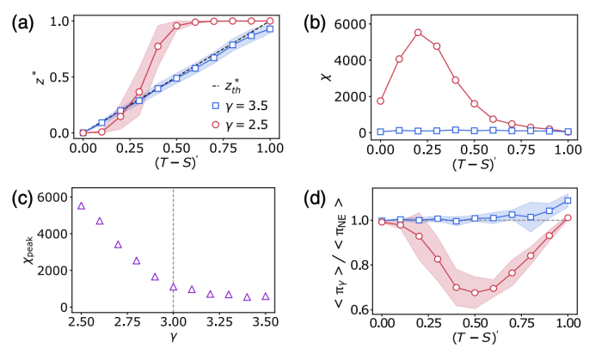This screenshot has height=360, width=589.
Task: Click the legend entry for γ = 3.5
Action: point(245,107)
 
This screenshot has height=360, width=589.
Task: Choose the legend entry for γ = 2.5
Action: point(245,125)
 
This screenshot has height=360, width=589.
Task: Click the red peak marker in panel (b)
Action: point(418,33)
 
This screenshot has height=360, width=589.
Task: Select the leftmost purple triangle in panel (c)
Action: point(81,205)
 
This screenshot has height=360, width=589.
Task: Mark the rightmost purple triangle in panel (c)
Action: point(265,296)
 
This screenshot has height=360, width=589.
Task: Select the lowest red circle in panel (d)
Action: point(474,292)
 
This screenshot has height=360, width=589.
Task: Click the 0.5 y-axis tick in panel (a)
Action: point(59,77)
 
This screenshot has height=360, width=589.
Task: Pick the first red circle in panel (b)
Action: point(380,101)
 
